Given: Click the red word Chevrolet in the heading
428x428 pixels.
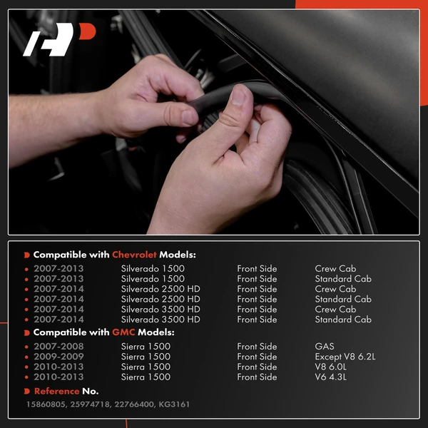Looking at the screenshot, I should [x=134, y=255].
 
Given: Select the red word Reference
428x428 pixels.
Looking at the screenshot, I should [x=56, y=391].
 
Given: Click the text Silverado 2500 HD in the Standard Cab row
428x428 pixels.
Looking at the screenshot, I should [x=160, y=299].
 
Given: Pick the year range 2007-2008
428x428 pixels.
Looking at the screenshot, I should [x=58, y=347].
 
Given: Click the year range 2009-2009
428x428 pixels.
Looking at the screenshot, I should [x=58, y=357].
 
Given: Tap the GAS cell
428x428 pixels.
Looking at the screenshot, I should [x=325, y=347].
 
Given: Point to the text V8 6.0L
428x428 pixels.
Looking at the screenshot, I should [x=332, y=367].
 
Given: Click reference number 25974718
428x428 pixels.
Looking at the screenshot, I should [x=93, y=404].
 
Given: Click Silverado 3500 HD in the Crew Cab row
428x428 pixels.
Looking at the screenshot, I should [x=160, y=309].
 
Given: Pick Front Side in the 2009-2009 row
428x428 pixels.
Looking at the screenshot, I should [x=257, y=357].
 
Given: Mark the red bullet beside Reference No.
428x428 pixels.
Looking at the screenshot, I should [x=27, y=391].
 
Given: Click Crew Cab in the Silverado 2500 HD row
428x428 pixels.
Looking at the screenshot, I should [x=335, y=289].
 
